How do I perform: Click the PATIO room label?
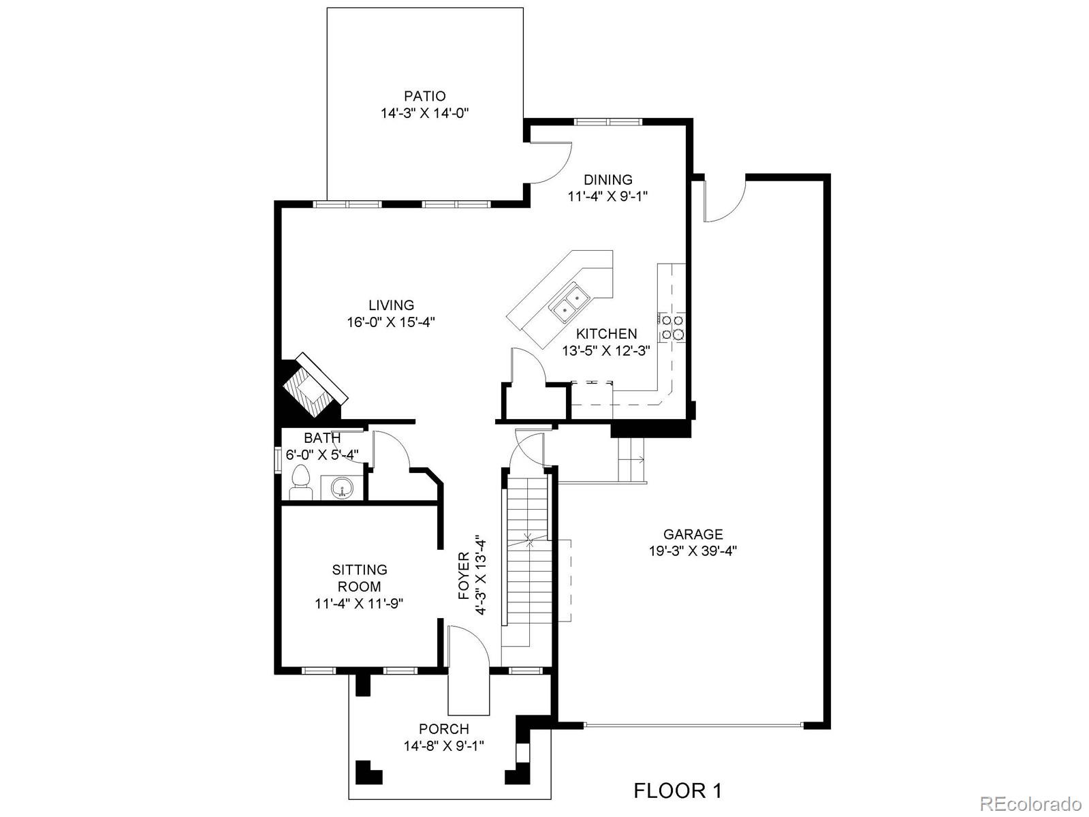tap(424, 96)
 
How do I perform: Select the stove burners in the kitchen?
tap(672, 327)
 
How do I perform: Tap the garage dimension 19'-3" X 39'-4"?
tap(693, 551)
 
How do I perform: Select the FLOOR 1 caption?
tap(677, 790)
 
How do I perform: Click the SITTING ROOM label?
tap(360, 578)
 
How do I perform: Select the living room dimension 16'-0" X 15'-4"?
tap(391, 322)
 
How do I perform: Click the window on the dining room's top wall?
tap(607, 123)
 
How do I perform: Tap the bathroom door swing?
tap(390, 451)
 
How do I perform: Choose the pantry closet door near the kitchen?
tap(527, 368)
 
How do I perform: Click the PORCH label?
tap(443, 729)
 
